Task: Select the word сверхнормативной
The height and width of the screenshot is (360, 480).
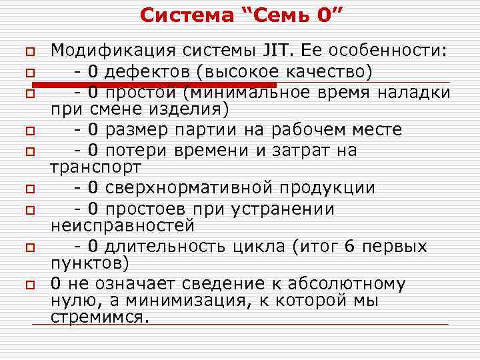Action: [x=191, y=188]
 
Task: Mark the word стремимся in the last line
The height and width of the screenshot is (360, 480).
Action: [x=97, y=316]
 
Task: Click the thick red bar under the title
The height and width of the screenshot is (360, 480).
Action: [x=153, y=85]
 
